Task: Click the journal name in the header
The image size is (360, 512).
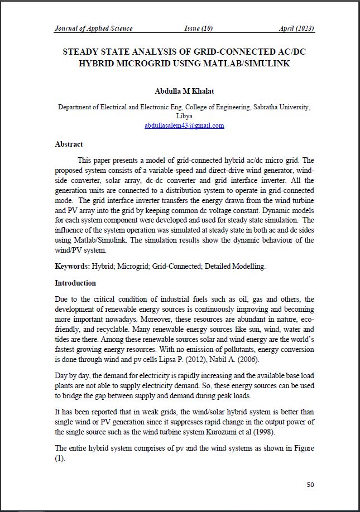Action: point(93,28)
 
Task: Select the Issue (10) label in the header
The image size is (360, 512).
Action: point(199,28)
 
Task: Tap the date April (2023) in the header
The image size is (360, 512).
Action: point(296,28)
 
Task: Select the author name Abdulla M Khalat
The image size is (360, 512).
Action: point(184,91)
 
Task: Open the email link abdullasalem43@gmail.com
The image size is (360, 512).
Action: point(184,125)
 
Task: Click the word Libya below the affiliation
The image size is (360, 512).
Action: point(184,116)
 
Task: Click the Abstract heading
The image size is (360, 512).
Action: point(69,144)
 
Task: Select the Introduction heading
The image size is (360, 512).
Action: point(75,283)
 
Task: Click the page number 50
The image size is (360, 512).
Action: point(310,485)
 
